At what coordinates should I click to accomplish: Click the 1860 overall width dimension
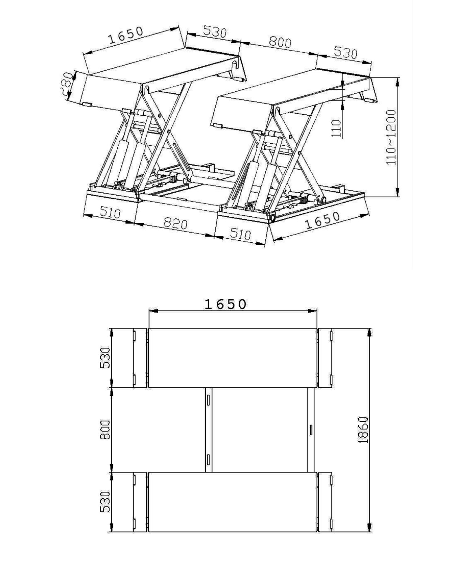pos(363,430)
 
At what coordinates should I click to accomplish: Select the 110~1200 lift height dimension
pos(391,137)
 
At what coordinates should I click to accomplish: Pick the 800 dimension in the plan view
pos(105,430)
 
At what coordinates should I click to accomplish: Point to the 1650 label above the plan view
pos(225,304)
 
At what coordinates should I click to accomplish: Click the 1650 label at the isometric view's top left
pos(126,35)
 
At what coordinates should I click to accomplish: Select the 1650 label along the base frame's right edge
pos(323,220)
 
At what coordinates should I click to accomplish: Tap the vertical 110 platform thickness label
pos(336,128)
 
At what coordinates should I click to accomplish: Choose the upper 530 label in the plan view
pos(105,358)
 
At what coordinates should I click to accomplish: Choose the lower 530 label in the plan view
pos(105,502)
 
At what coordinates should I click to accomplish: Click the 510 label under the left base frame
pos(110,213)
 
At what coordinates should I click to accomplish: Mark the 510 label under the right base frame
pos(240,234)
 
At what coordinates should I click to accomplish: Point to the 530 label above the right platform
pos(345,53)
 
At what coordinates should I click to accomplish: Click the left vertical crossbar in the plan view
pos(209,430)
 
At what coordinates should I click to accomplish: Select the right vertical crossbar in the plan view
pos(310,430)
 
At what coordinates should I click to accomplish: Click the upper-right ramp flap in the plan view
pos(325,358)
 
